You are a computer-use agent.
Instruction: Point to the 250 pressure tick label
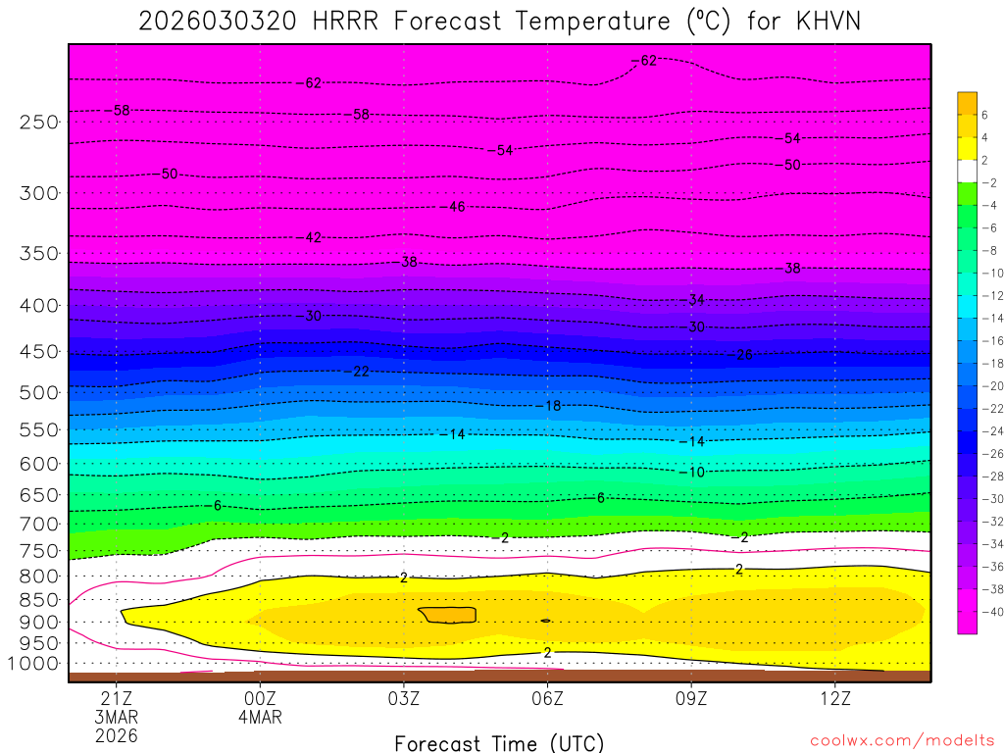(x=39, y=123)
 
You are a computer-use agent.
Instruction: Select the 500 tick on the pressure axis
(x=39, y=392)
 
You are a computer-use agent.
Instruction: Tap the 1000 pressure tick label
(x=34, y=664)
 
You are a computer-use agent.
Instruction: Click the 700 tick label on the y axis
(x=39, y=523)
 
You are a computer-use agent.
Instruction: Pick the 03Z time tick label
(x=404, y=699)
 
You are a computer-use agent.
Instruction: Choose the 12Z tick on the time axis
(x=834, y=699)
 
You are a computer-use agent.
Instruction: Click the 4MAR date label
(x=260, y=717)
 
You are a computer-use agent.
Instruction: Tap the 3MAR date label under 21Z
(x=117, y=717)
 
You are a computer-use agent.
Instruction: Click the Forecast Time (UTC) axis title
(x=499, y=743)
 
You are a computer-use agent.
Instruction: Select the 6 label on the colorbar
(x=984, y=115)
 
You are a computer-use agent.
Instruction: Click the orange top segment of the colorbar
(x=967, y=102)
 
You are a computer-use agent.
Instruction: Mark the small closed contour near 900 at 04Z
(x=448, y=615)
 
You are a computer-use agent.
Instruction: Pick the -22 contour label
(x=359, y=371)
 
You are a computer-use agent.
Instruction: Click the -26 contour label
(x=742, y=354)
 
